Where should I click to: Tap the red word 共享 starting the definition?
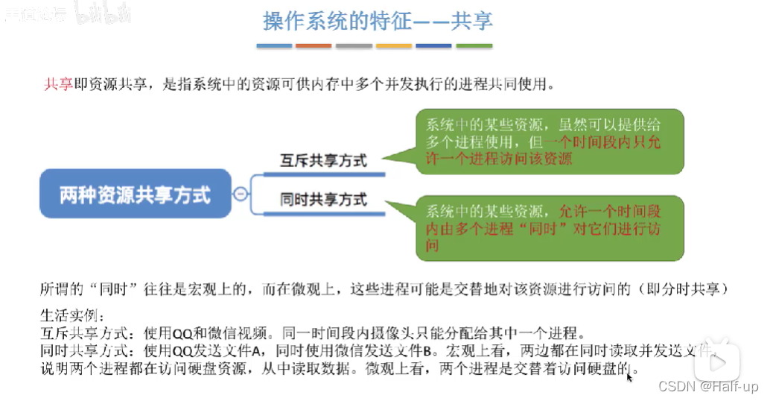pos(58,84)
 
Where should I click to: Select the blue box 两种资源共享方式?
pos(135,195)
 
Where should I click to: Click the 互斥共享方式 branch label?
pos(323,160)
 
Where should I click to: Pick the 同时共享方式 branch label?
pos(323,199)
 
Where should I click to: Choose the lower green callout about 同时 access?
pos(550,228)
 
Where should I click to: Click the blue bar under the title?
pos(274,46)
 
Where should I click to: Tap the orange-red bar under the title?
pos(314,46)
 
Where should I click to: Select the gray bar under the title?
pos(354,46)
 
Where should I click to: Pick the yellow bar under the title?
pos(394,46)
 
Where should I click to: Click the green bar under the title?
pos(474,46)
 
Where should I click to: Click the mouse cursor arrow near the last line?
pos(630,376)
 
